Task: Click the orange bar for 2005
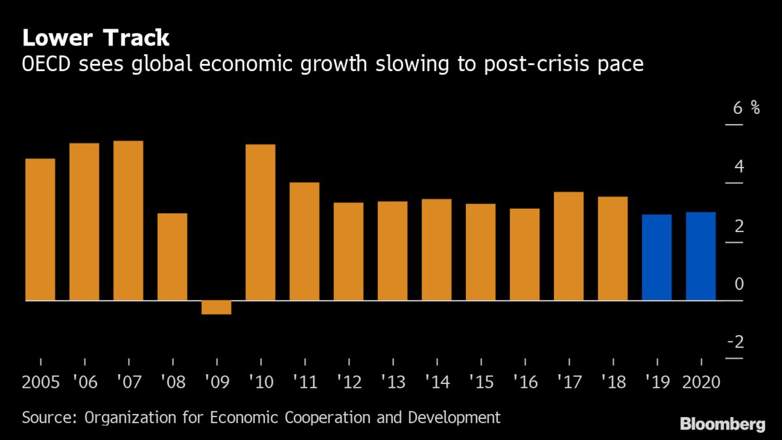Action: [x=40, y=229]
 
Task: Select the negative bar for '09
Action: [x=216, y=307]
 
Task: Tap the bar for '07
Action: [x=128, y=220]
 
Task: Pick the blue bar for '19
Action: [x=656, y=257]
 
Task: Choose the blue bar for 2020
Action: [x=701, y=256]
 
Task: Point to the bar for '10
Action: [x=261, y=222]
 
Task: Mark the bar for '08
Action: [x=172, y=257]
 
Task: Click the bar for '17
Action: [x=568, y=246]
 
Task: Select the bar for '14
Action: [x=437, y=250]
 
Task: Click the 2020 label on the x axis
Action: [x=701, y=381]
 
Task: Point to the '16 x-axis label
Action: [x=525, y=381]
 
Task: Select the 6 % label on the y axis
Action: [x=746, y=108]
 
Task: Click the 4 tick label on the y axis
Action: [x=739, y=167]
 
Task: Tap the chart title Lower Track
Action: [x=96, y=38]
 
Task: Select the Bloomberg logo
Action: [x=723, y=424]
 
